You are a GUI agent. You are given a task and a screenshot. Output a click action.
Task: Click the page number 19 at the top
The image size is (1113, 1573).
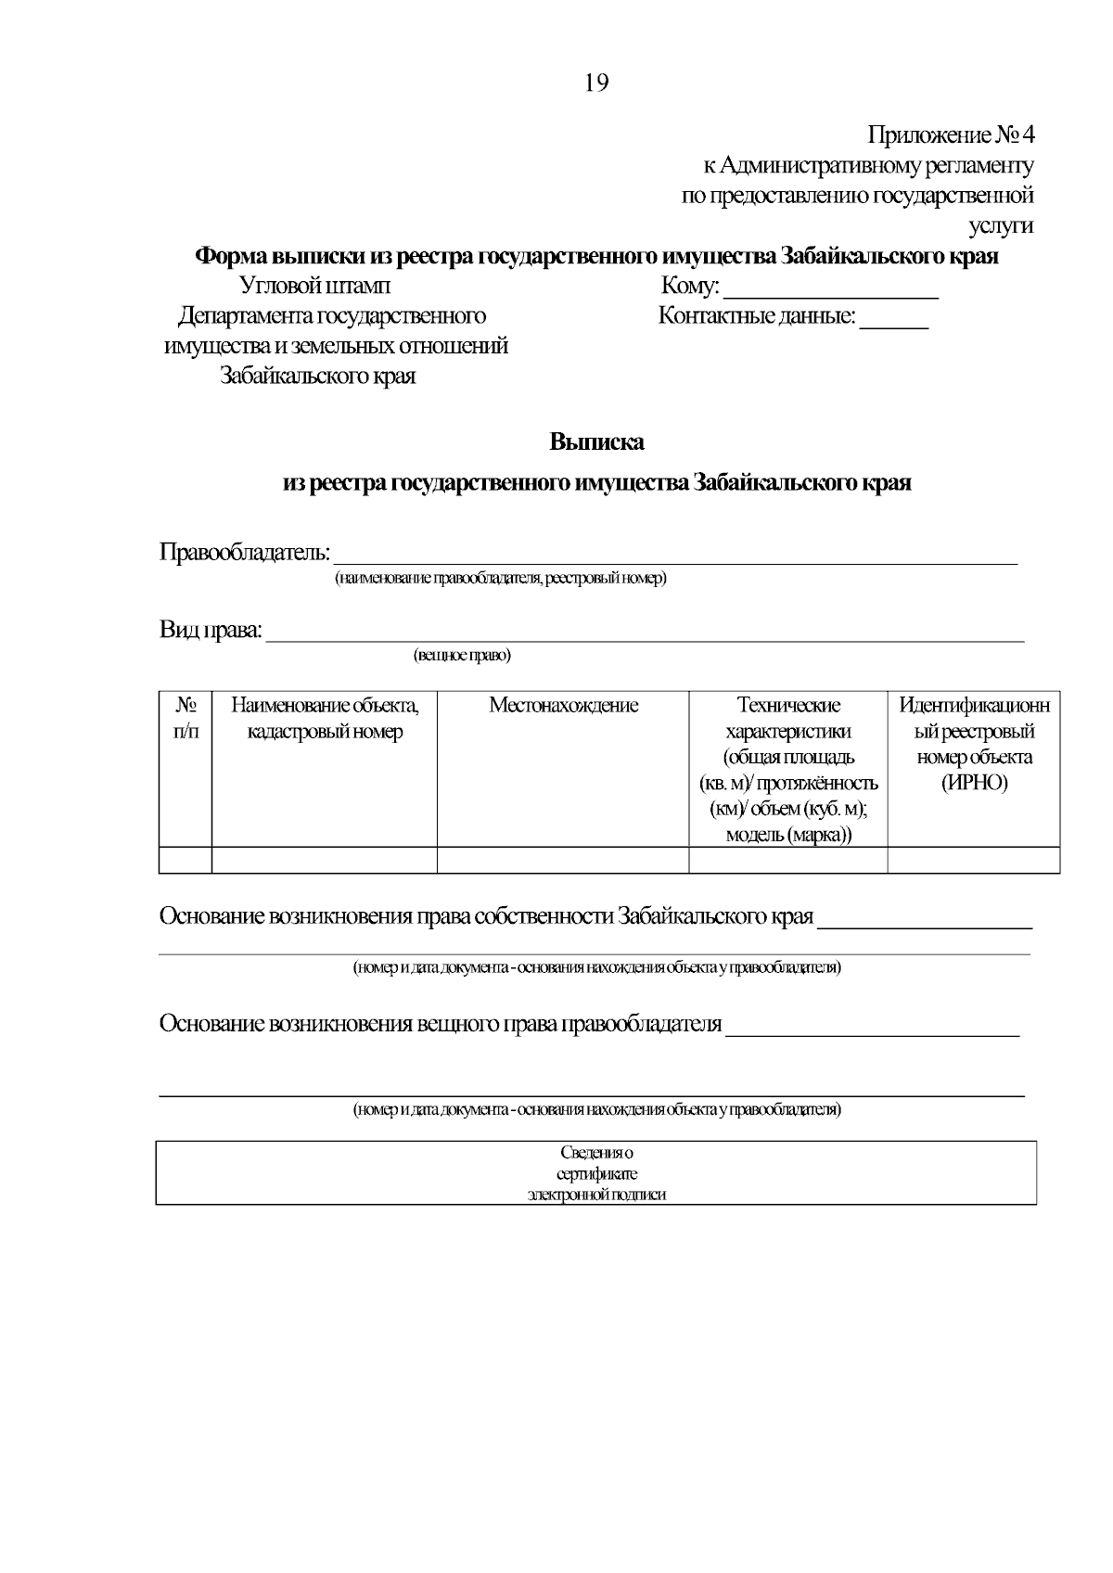(x=596, y=83)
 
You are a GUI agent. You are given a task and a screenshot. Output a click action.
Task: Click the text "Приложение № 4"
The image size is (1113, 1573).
(x=950, y=135)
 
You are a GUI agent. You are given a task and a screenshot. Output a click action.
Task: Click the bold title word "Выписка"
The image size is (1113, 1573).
(x=596, y=442)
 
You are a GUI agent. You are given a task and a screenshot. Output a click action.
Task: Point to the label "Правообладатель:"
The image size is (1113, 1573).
(x=245, y=553)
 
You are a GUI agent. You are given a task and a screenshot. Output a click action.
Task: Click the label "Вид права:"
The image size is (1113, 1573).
(x=211, y=631)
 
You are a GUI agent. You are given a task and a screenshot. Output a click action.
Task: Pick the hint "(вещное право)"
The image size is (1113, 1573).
(x=462, y=656)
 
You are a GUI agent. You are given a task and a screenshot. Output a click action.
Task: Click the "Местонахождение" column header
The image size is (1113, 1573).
(x=563, y=706)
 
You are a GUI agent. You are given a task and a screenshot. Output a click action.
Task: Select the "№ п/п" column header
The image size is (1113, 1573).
(x=185, y=718)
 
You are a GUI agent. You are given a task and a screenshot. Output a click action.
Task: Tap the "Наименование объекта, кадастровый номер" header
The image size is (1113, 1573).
(x=325, y=718)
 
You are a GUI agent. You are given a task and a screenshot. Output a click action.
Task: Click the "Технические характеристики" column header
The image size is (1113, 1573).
(x=788, y=718)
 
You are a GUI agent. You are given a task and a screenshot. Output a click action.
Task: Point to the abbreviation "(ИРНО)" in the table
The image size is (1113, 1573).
(x=974, y=783)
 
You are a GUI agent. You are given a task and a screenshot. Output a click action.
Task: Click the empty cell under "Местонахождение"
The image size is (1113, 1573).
(x=563, y=860)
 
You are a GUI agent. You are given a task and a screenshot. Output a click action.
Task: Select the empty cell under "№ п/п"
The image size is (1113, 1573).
(x=185, y=860)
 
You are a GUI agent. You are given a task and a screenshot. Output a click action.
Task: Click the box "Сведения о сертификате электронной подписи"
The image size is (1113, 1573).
(x=596, y=1173)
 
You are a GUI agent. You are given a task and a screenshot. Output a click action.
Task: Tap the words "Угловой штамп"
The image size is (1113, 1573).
(x=315, y=286)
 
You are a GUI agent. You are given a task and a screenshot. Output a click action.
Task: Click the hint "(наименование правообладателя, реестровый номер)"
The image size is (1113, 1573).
(x=501, y=579)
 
